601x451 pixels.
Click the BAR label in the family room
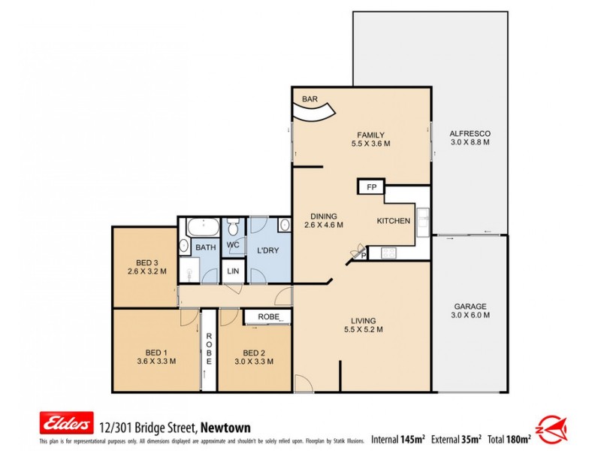pos(309,99)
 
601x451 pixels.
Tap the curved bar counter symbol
pos(313,113)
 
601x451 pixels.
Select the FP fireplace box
pos(371,187)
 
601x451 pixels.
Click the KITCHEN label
pos(394,221)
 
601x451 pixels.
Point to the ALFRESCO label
pos(470,133)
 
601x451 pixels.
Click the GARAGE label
pos(470,307)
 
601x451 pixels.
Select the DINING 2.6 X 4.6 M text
pos(324,224)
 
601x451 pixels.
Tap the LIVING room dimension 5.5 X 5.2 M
pos(364,329)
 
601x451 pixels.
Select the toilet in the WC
pos(234,226)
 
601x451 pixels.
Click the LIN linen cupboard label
pos(233,271)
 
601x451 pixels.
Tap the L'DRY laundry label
pos(268,249)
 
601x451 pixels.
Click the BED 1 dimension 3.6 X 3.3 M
pos(156,361)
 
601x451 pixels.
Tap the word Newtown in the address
pos(225,427)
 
